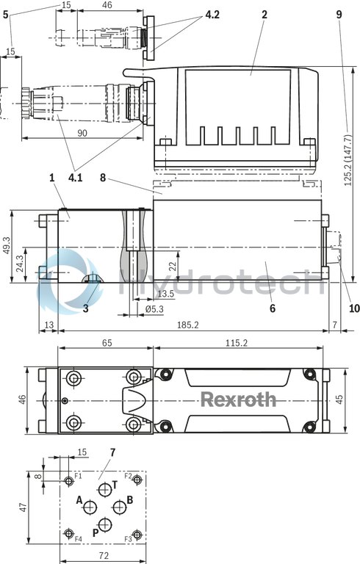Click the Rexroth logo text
tap(239, 399)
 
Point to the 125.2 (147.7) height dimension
tap(347, 171)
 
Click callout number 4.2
tap(212, 14)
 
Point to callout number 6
tap(272, 308)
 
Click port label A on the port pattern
tap(79, 499)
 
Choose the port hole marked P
tap(105, 524)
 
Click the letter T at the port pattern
tap(114, 485)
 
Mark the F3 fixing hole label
tap(128, 539)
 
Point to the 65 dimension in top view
tap(106, 342)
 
